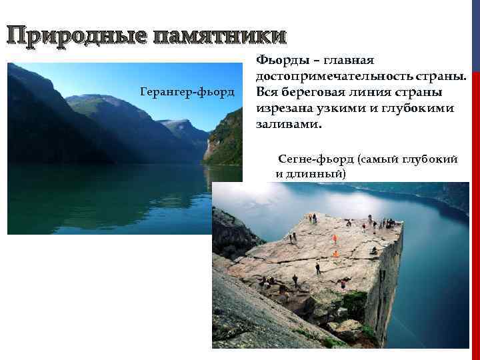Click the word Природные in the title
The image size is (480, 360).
77,35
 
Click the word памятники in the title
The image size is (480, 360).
220,35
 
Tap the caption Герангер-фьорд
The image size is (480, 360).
188,90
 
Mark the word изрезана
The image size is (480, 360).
285,108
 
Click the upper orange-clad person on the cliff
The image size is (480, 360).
335,237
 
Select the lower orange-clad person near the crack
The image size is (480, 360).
335,253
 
